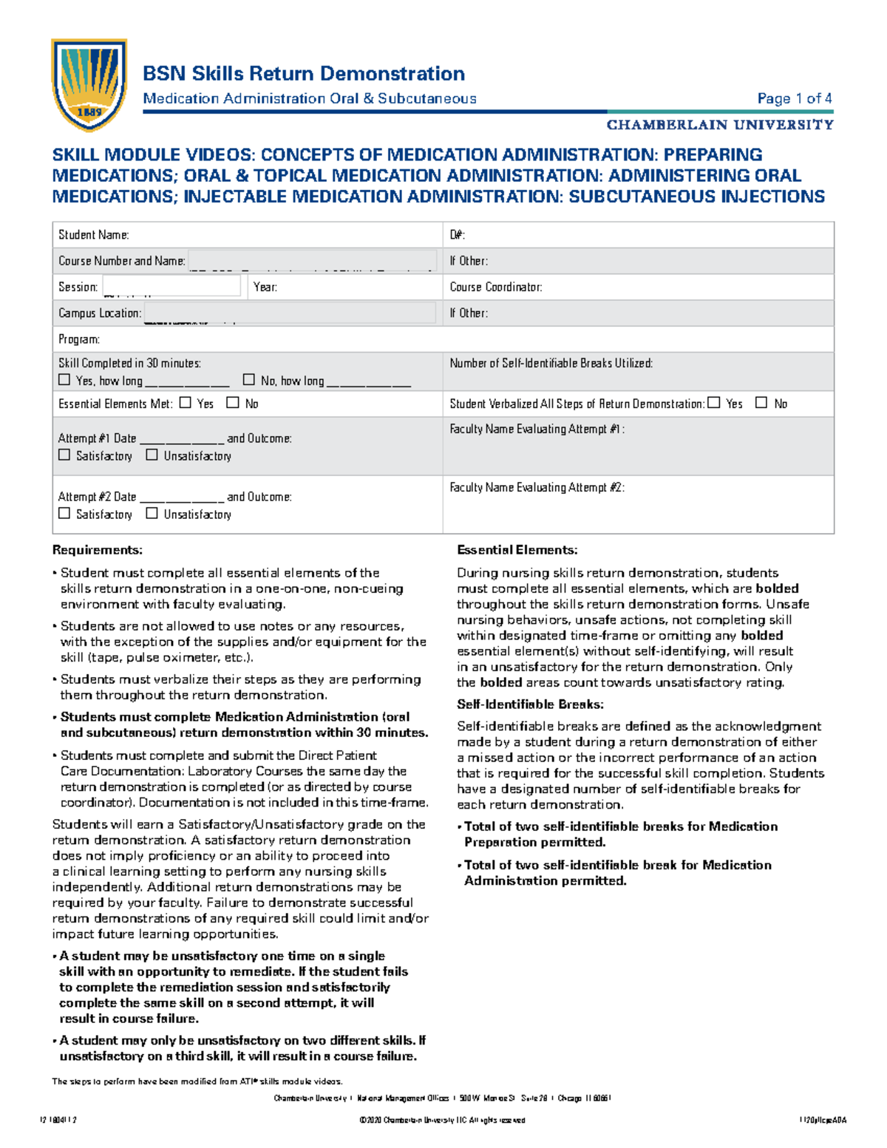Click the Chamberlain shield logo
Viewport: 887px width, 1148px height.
[x=89, y=84]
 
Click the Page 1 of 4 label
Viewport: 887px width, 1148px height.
[x=795, y=98]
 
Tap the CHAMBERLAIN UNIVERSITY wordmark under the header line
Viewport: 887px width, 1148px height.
[x=720, y=125]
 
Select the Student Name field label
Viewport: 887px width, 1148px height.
[x=94, y=235]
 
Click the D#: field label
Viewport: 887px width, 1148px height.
[x=457, y=235]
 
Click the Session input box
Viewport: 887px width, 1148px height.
[x=171, y=286]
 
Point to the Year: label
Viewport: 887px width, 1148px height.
[x=265, y=287]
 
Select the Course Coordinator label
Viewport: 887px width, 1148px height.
[x=496, y=287]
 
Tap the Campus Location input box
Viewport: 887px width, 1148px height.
[x=290, y=313]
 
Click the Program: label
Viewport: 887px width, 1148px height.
[x=79, y=339]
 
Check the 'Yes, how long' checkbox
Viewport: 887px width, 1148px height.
[x=64, y=380]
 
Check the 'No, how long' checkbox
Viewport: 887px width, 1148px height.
[x=249, y=380]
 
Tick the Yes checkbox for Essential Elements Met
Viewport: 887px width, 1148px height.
[x=186, y=403]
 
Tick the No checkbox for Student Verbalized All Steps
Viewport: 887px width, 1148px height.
[x=761, y=403]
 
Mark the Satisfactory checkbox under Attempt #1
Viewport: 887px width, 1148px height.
[x=64, y=455]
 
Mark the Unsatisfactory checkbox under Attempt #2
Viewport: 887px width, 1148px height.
[x=152, y=514]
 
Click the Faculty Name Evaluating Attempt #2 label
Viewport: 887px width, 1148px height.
[x=537, y=487]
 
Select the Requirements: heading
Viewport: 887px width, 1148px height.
[x=98, y=550]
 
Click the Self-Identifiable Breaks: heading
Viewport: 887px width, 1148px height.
[x=530, y=704]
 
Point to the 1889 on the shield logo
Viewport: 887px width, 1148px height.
[x=89, y=112]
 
